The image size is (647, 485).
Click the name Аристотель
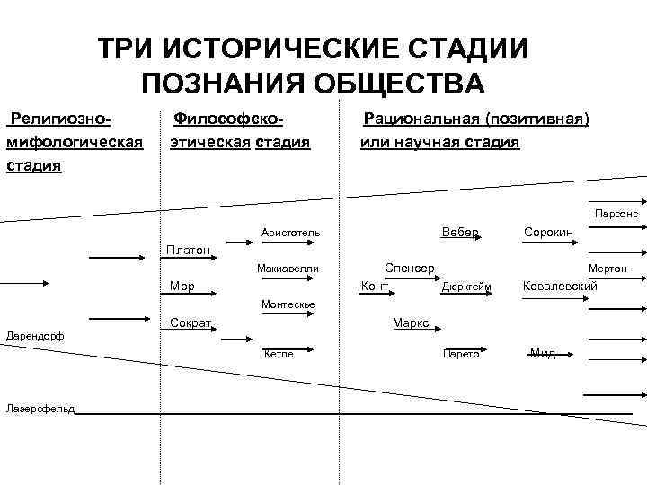click(x=290, y=233)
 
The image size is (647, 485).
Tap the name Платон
click(x=188, y=249)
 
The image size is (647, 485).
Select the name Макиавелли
click(x=288, y=269)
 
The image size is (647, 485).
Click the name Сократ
click(x=191, y=322)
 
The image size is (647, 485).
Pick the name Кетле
click(x=279, y=354)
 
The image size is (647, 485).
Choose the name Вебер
click(x=460, y=232)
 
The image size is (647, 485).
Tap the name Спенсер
click(x=410, y=268)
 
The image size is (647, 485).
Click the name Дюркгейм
click(x=466, y=287)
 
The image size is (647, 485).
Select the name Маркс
click(x=411, y=322)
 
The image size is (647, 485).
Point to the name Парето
click(x=462, y=354)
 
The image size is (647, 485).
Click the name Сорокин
click(x=548, y=232)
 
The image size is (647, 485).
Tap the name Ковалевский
click(x=561, y=286)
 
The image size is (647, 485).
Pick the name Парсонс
click(x=616, y=215)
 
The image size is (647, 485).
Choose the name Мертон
click(x=608, y=269)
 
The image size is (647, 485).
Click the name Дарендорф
click(x=33, y=336)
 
